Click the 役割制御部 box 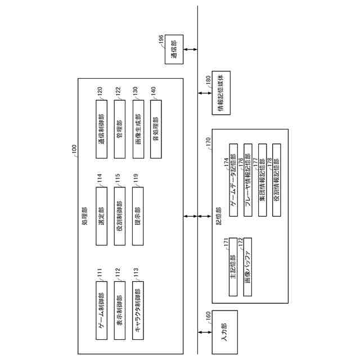pos(119,215)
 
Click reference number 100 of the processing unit pos(75,150)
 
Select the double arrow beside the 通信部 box pos(190,50)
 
